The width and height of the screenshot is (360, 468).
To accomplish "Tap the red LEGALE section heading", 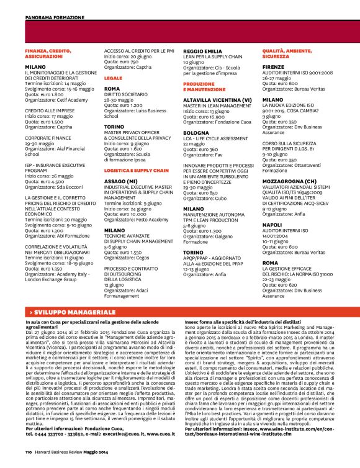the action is coord(113,79).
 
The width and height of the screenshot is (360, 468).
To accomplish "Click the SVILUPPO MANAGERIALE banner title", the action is coord(67,308).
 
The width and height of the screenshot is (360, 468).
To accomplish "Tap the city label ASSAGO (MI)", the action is coord(119,163).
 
